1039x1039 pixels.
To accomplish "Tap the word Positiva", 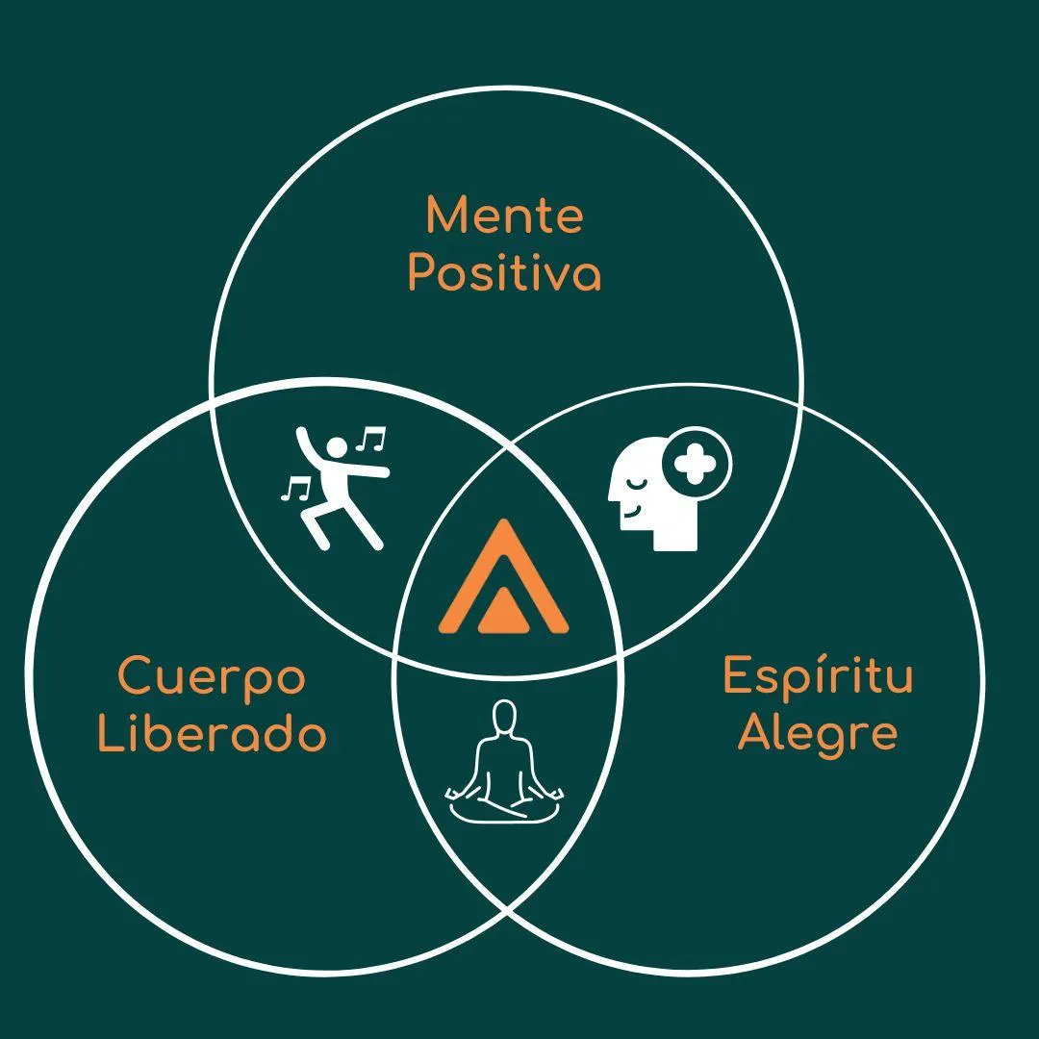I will tap(504, 273).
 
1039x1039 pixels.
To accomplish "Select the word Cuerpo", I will tap(212, 677).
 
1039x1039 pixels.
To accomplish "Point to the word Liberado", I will tap(212, 735).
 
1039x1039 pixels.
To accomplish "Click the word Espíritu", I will tap(818, 675).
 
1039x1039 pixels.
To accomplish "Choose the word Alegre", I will tap(818, 734).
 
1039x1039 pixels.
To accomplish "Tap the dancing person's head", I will tap(337, 447).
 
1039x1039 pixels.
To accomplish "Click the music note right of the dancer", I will tap(370, 440).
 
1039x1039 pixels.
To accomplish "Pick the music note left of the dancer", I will tap(295, 489).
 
